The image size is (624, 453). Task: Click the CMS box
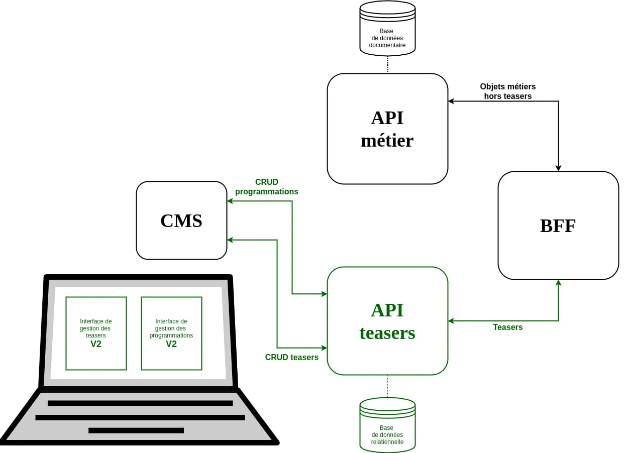(181, 220)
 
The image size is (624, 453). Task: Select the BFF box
(558, 225)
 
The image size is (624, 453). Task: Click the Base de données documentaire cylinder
(387, 29)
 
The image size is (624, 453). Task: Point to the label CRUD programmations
(266, 187)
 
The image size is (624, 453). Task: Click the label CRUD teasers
(291, 357)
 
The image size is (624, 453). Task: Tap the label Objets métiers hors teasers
(507, 91)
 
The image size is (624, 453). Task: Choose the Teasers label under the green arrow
(507, 327)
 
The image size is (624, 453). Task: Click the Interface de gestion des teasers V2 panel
(96, 333)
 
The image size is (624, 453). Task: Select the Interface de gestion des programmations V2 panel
(171, 333)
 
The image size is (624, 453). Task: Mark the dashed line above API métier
(387, 64)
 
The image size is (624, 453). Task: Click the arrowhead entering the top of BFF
(558, 168)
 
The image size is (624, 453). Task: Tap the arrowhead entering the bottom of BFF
(558, 283)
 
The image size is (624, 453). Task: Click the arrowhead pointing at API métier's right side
(451, 101)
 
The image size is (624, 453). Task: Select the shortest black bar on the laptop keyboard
(136, 430)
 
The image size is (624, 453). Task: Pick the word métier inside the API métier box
(387, 140)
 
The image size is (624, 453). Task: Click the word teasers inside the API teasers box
(387, 332)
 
